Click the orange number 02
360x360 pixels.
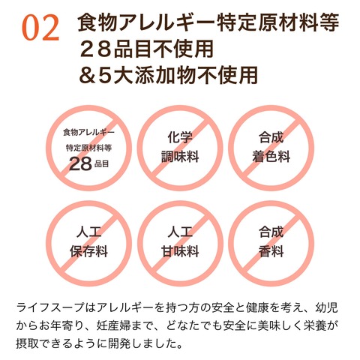pyautogui.click(x=40, y=28)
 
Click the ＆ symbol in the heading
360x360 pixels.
pyautogui.click(x=88, y=74)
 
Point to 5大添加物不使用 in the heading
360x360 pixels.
pyautogui.click(x=178, y=74)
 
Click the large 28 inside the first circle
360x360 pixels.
pyautogui.click(x=80, y=164)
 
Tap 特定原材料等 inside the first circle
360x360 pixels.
pyautogui.click(x=88, y=148)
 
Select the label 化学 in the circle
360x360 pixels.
pyautogui.click(x=180, y=138)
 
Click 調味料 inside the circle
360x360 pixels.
pyautogui.click(x=180, y=157)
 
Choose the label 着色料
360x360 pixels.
pyautogui.click(x=271, y=157)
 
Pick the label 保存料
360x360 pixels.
pyautogui.click(x=88, y=251)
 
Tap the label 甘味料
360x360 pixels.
pyautogui.click(x=180, y=251)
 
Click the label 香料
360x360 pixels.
pyautogui.click(x=271, y=251)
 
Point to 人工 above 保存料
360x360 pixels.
pyautogui.click(x=88, y=232)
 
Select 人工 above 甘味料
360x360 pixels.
pyautogui.click(x=180, y=232)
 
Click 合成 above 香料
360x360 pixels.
pyautogui.click(x=271, y=232)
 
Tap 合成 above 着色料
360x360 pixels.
pyautogui.click(x=271, y=138)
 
